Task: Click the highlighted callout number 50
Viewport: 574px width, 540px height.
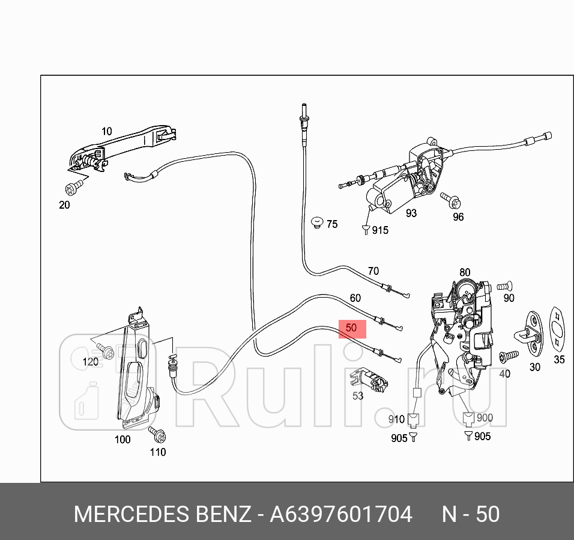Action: pos(352,328)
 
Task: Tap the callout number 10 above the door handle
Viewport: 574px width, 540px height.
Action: pos(106,131)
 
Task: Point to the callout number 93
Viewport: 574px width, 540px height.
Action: pos(411,213)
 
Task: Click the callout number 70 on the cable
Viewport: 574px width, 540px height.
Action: pos(373,271)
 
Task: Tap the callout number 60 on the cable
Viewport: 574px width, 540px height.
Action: pos(355,298)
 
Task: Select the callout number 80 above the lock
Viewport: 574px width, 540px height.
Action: pos(465,272)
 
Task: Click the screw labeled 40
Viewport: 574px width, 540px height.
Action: pos(509,356)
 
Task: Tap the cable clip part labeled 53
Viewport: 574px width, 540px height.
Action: pos(369,379)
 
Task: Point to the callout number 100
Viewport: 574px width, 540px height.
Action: pos(122,440)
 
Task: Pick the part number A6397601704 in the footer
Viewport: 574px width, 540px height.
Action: pos(341,515)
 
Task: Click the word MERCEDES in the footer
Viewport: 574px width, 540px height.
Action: pos(130,515)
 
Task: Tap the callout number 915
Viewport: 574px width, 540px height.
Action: pos(380,230)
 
